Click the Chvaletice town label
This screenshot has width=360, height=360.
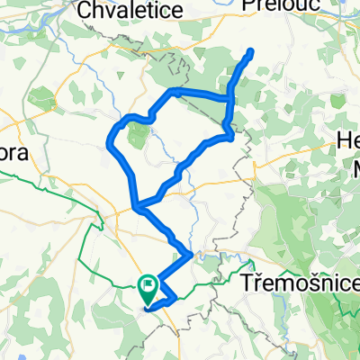(131, 10)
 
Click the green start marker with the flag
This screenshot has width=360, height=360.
(148, 288)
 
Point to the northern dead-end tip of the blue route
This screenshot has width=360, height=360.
(249, 51)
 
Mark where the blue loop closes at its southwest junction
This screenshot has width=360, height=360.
(137, 209)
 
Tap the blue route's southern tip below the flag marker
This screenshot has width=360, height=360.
(148, 308)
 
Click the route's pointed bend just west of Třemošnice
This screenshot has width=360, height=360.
(190, 256)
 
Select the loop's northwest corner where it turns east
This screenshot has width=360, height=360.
(171, 93)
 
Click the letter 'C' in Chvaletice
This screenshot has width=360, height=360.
(86, 10)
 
